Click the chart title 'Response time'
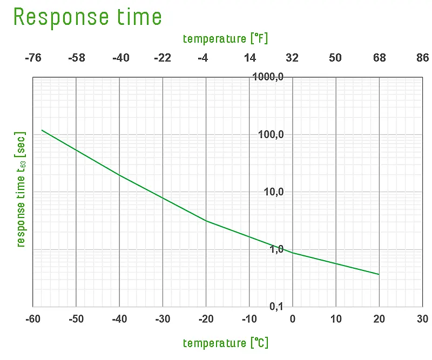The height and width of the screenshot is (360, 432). [87, 17]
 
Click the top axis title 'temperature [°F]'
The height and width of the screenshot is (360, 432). [226, 39]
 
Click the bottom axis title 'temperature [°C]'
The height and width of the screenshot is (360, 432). [226, 343]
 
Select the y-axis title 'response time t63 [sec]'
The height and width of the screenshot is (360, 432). [21, 189]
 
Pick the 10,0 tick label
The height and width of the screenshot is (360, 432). [274, 192]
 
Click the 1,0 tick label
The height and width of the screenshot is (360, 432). [276, 250]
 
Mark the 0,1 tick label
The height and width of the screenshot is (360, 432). [276, 307]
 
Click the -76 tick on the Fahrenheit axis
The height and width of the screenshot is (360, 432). [33, 58]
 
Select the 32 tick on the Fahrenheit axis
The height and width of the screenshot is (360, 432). [292, 58]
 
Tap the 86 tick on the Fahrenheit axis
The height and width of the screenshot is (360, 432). [422, 58]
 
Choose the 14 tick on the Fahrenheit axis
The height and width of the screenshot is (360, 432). [249, 58]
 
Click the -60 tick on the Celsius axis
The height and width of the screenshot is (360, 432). [33, 320]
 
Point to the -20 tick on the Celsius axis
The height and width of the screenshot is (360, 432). [206, 320]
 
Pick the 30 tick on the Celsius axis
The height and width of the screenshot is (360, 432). [422, 320]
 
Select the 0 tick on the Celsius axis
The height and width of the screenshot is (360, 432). [293, 320]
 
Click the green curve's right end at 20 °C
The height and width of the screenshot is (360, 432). [379, 274]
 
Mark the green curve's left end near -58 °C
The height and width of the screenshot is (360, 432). [42, 130]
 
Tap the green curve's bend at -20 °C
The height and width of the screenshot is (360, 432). [206, 221]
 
